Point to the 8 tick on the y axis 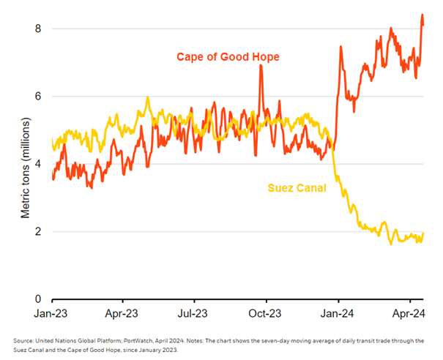(x=42, y=29)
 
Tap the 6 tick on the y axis (x=42, y=97)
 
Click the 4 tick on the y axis (x=42, y=164)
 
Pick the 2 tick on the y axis (x=42, y=232)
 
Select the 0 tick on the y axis (x=42, y=299)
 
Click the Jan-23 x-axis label (x=52, y=313)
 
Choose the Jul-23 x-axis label (x=193, y=313)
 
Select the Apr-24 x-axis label (x=408, y=313)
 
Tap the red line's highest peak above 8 (x=422, y=15)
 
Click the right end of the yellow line (x=424, y=233)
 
